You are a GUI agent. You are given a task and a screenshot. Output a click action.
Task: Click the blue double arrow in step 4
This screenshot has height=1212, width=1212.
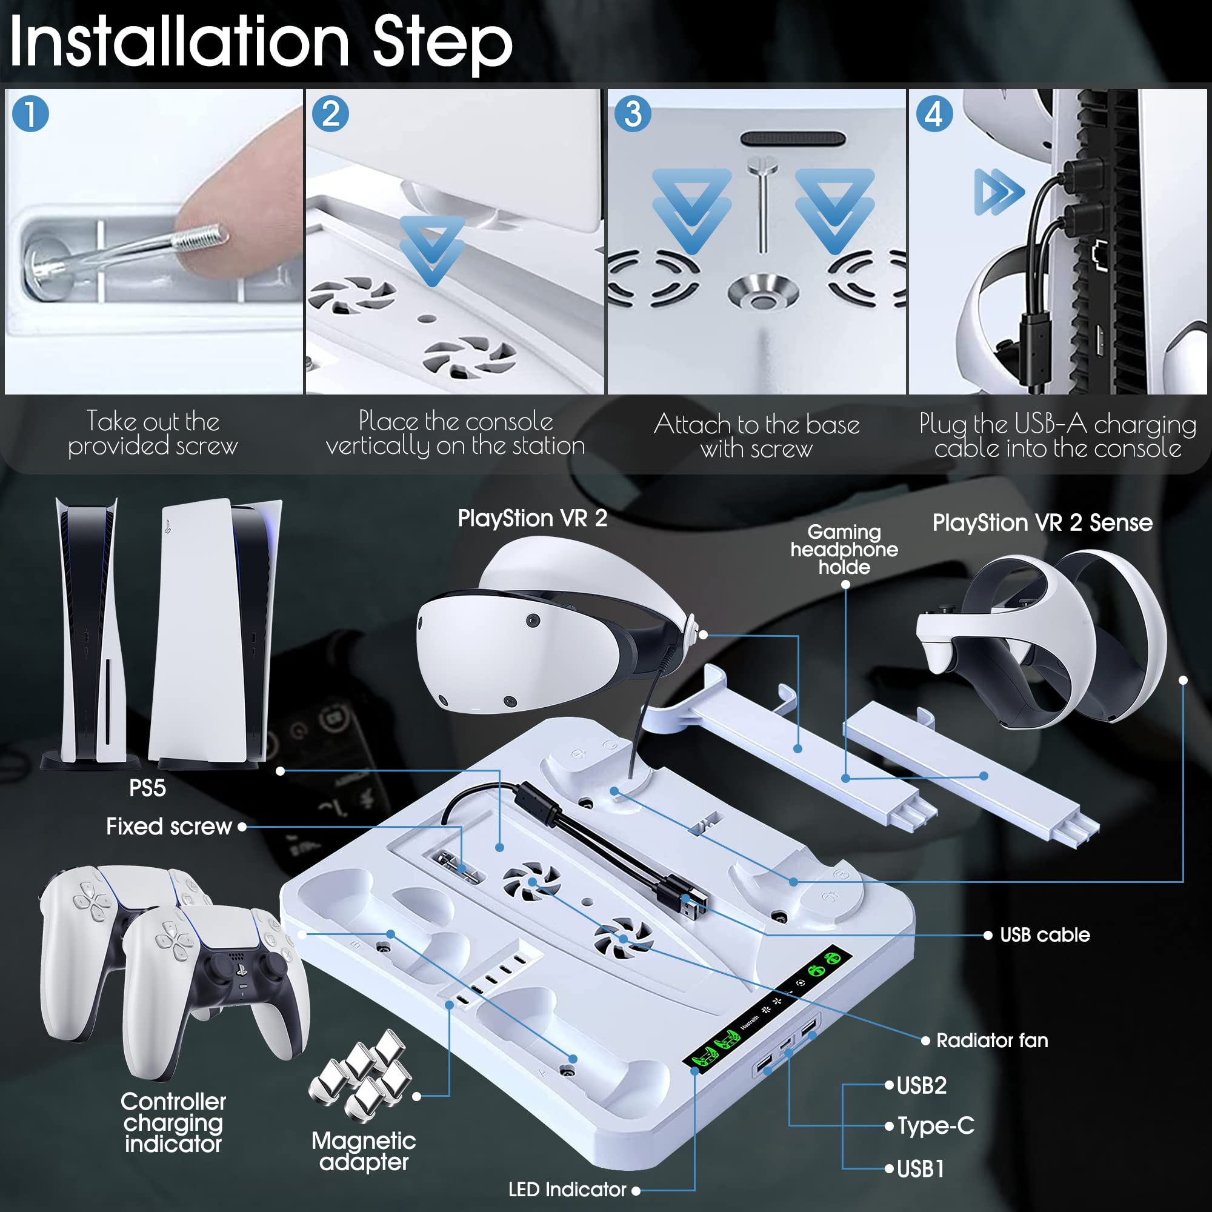tap(999, 191)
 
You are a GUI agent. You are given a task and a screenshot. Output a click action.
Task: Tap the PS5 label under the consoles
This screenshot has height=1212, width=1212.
tap(147, 788)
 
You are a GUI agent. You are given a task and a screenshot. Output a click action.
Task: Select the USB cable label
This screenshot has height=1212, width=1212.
tap(1045, 934)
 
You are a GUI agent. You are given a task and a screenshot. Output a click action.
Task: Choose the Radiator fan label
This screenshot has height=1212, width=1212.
tap(992, 1040)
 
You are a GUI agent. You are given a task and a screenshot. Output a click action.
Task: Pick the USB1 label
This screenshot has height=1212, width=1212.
tap(921, 1169)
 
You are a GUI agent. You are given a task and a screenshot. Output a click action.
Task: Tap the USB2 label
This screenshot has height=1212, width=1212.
tap(922, 1085)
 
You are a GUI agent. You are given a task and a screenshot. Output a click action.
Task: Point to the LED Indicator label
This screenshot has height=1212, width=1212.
tap(567, 1189)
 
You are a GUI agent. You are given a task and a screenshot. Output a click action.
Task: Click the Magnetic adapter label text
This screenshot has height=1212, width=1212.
tap(364, 1151)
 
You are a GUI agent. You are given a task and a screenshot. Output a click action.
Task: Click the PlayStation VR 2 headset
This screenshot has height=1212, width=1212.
tap(552, 627)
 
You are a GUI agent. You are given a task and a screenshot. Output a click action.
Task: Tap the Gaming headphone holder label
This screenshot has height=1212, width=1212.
tap(844, 550)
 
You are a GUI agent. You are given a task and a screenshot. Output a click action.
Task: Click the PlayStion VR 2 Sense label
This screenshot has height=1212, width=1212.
tap(1042, 522)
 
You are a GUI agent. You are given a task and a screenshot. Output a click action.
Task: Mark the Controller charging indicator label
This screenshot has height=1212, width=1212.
tap(173, 1123)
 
